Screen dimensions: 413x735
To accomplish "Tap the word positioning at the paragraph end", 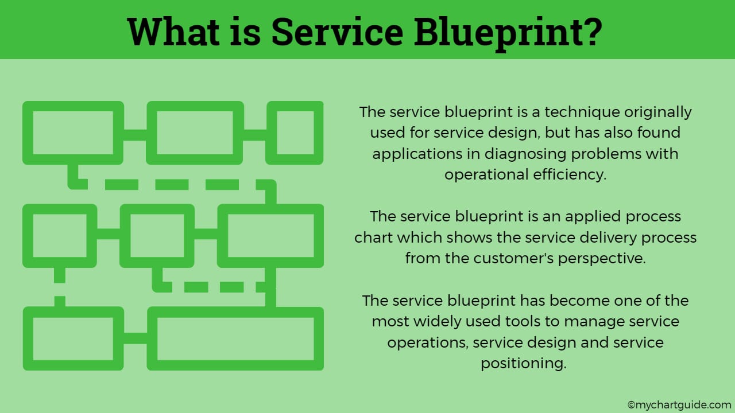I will (x=523, y=363).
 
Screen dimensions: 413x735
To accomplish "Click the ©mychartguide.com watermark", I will (x=679, y=404).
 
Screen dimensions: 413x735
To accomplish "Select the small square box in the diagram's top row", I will (x=295, y=133).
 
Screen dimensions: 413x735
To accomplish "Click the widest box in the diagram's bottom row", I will (x=235, y=338).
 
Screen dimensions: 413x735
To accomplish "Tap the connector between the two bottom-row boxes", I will (x=136, y=338).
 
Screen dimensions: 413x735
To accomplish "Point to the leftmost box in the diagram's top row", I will (x=73, y=133).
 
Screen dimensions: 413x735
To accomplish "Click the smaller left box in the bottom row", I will (x=73, y=338).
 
